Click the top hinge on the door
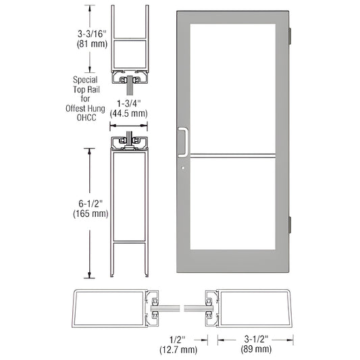pyautogui.click(x=292, y=34)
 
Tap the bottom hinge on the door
pyautogui.click(x=292, y=224)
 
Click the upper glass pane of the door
pyautogui.click(x=233, y=88)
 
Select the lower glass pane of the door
pyautogui.click(x=233, y=216)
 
